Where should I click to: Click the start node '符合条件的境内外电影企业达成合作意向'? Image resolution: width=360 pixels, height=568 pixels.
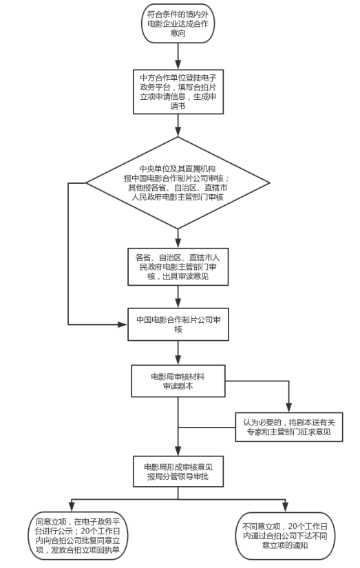point(178,23)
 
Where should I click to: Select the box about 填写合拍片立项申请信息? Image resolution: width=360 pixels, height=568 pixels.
point(178,92)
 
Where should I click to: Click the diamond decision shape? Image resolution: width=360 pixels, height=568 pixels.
point(178,183)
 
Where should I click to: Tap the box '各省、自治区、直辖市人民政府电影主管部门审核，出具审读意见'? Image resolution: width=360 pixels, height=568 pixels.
point(178,266)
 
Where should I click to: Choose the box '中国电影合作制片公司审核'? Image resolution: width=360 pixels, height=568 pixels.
point(178,324)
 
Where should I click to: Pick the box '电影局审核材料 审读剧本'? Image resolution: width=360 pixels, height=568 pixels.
point(178,381)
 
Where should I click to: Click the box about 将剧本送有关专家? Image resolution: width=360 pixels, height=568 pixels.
point(289,427)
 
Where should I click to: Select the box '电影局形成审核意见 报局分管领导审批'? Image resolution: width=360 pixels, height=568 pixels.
point(178,472)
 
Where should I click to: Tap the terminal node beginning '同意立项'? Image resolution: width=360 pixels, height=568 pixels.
point(78,536)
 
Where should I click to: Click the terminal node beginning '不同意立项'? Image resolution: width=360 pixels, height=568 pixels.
point(286,536)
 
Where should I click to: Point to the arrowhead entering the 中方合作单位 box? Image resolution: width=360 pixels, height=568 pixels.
point(178,65)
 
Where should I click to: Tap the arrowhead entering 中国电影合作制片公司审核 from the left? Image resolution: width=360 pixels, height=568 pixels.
point(123,324)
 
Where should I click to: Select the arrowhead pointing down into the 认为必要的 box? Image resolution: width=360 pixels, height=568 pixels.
point(288,408)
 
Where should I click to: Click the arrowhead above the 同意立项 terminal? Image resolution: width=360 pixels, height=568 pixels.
point(72,507)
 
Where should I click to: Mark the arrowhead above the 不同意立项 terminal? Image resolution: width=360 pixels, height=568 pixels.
point(286,507)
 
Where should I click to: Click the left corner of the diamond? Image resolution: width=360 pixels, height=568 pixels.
point(86,183)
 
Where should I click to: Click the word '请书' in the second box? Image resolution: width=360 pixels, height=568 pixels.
point(178,106)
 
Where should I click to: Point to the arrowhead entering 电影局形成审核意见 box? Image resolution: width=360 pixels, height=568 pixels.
point(178,451)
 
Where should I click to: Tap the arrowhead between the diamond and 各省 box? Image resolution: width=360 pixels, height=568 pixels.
point(178,243)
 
